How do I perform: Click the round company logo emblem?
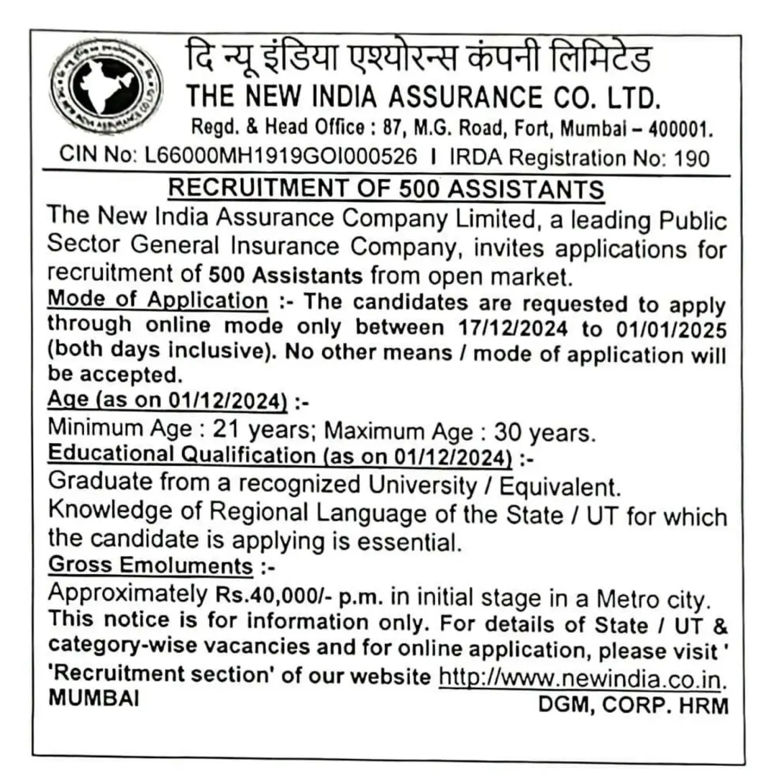tap(106, 89)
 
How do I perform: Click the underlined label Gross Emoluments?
tap(150, 565)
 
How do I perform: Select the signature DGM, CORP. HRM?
tap(633, 705)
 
